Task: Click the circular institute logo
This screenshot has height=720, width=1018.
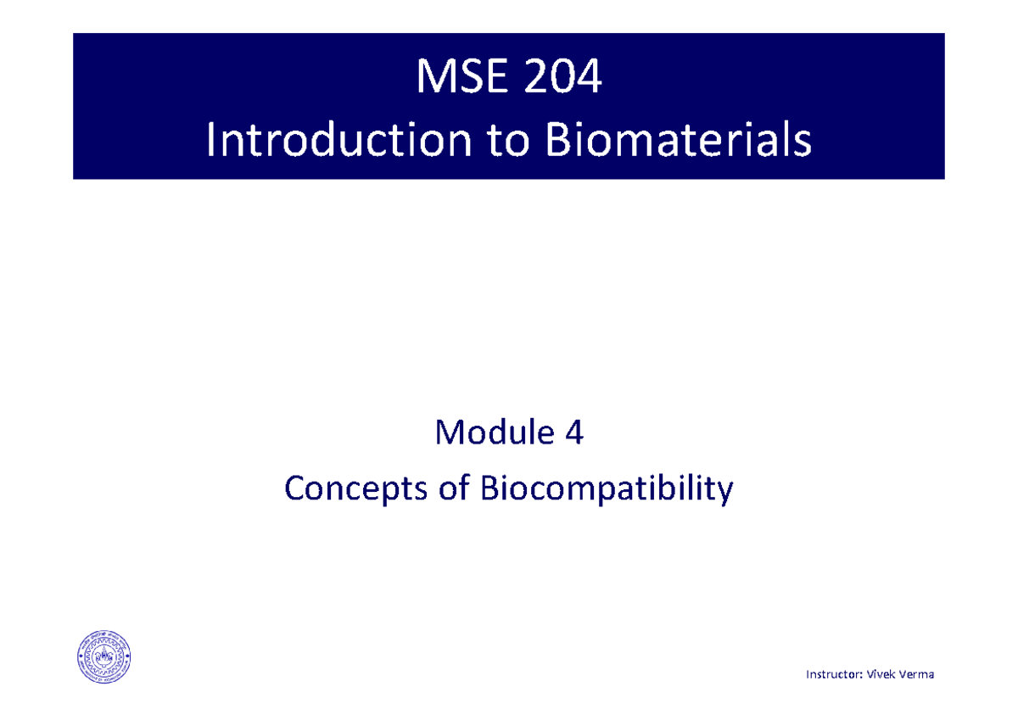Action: (x=104, y=657)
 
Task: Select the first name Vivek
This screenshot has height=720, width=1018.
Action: (x=881, y=674)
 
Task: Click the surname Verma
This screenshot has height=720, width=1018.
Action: (x=917, y=674)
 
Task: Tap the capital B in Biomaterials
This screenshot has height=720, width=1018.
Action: (x=555, y=142)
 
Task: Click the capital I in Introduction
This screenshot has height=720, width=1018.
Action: (x=211, y=142)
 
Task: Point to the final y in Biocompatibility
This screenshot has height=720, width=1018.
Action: (x=724, y=491)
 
